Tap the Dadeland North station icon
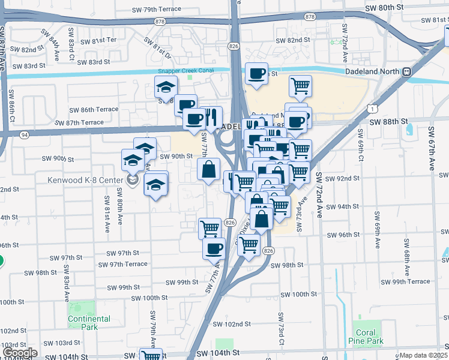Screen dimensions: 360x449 click(407, 71)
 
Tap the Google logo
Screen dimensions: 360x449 click(20, 353)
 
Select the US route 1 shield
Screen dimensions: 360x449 click(373, 109)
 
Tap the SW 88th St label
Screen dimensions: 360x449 click(388, 122)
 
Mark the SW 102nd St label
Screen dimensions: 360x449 click(234, 325)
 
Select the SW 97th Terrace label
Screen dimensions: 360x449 click(122, 264)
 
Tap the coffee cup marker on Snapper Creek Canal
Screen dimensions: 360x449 click(257, 74)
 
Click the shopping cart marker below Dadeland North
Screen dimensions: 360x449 click(300, 86)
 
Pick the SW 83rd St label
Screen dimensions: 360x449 click(91, 62)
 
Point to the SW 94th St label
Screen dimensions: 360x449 click(342, 206)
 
